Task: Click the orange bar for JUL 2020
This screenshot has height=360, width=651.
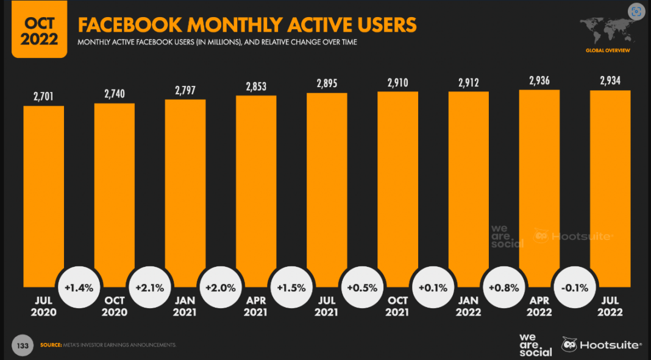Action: click(x=44, y=195)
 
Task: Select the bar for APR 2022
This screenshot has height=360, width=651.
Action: click(x=539, y=183)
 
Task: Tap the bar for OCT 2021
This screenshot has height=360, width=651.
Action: click(x=397, y=183)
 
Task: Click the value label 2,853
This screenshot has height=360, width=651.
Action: click(x=256, y=87)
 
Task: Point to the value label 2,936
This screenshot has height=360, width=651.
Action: click(x=539, y=80)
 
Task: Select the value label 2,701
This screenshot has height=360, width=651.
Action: click(x=44, y=95)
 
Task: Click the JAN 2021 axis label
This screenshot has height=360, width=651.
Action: click(x=185, y=306)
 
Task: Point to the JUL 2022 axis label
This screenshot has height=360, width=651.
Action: click(x=610, y=306)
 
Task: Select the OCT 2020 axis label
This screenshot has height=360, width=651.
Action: click(x=115, y=306)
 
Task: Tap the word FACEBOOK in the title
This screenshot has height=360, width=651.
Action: click(x=130, y=25)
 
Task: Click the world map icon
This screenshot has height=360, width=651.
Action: click(x=607, y=30)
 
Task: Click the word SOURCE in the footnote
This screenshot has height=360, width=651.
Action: click(x=51, y=345)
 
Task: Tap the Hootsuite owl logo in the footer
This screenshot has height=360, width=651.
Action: click(x=569, y=345)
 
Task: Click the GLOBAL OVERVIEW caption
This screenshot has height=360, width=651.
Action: click(x=608, y=50)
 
